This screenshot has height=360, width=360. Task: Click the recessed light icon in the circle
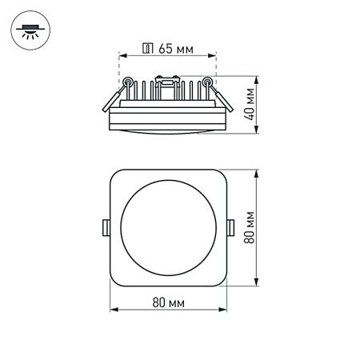30,30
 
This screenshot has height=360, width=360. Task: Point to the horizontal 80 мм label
167,302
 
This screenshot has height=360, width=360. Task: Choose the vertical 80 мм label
250,227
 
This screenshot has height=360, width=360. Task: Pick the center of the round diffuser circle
167,227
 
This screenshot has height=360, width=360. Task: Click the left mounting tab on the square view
105,227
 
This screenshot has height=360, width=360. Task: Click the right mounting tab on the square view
230,227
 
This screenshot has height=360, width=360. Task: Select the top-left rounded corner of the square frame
116,176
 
